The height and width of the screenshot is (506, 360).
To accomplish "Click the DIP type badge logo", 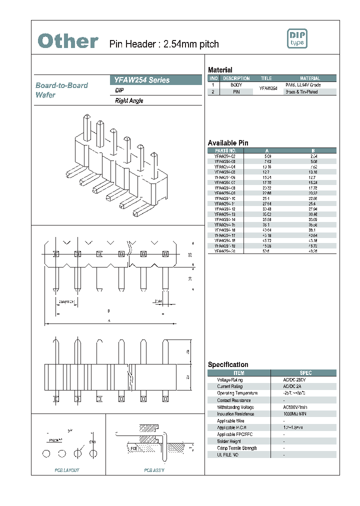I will (296, 39).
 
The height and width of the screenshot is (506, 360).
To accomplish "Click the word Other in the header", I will (68, 41).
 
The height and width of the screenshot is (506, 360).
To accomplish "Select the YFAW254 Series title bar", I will (142, 80).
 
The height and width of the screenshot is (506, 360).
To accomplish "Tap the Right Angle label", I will (129, 101).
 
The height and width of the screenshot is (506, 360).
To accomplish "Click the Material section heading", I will (220, 70).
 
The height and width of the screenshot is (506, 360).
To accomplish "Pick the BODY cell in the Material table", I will (236, 85).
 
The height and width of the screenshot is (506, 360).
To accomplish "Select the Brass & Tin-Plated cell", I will (303, 92).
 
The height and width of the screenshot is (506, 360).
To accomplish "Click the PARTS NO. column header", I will (225, 150).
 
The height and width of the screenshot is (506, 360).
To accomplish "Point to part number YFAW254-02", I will (225, 156).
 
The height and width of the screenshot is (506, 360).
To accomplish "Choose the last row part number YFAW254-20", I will (225, 251).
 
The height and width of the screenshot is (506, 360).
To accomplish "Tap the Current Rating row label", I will (230, 387).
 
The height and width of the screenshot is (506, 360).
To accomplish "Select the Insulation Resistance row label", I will (236, 414).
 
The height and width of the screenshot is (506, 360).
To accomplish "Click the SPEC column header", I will (305, 373).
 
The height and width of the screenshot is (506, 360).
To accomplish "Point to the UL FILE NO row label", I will (228, 455).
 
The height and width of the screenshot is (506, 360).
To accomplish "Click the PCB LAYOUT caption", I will (66, 470).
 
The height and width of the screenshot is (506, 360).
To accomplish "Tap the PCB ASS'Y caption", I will (154, 470).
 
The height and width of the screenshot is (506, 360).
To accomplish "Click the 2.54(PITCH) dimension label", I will (66, 302).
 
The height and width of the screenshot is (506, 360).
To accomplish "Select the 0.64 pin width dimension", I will (158, 301).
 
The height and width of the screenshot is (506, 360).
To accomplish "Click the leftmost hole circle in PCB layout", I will (46, 454).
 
